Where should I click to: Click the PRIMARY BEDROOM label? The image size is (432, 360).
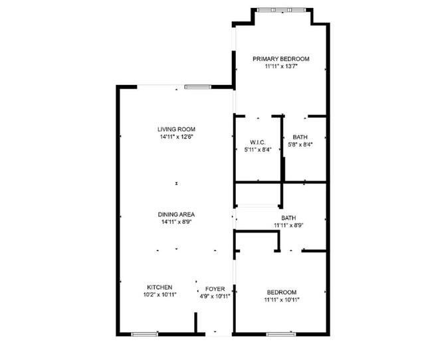[280, 59]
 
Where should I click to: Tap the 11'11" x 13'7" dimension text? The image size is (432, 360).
[280, 66]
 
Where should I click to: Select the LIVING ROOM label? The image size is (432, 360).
[176, 130]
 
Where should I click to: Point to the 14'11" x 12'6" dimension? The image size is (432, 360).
[176, 137]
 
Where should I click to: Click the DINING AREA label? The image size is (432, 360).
[176, 215]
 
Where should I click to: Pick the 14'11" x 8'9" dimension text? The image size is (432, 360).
[176, 222]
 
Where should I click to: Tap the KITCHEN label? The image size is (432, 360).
[160, 288]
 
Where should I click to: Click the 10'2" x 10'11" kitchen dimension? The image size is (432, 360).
[160, 295]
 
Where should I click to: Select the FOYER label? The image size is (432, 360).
[215, 289]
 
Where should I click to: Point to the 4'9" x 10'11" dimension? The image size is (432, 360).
[215, 296]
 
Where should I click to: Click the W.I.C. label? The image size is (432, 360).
[258, 143]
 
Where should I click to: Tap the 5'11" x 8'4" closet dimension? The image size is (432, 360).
[258, 150]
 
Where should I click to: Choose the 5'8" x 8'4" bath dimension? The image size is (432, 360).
[300, 144]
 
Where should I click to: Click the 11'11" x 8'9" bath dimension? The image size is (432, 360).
[288, 225]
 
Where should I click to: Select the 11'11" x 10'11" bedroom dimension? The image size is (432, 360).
[282, 300]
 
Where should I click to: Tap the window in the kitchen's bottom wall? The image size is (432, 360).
[144, 333]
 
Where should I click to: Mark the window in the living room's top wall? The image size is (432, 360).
[197, 86]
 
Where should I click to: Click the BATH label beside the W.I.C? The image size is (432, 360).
[300, 137]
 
